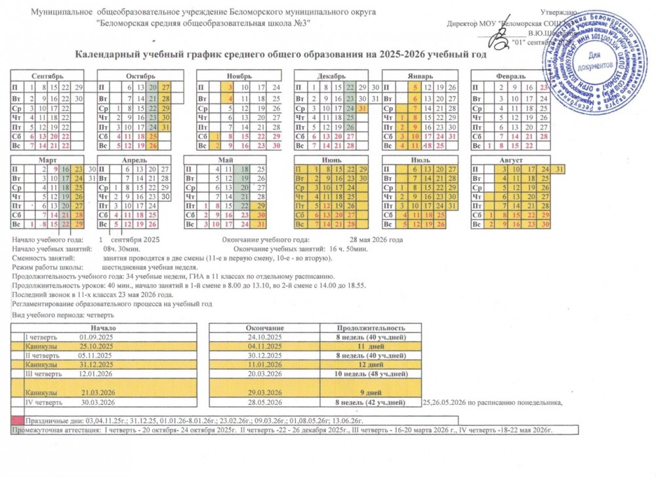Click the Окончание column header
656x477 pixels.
pos(264,327)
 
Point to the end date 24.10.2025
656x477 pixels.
pos(264,337)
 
